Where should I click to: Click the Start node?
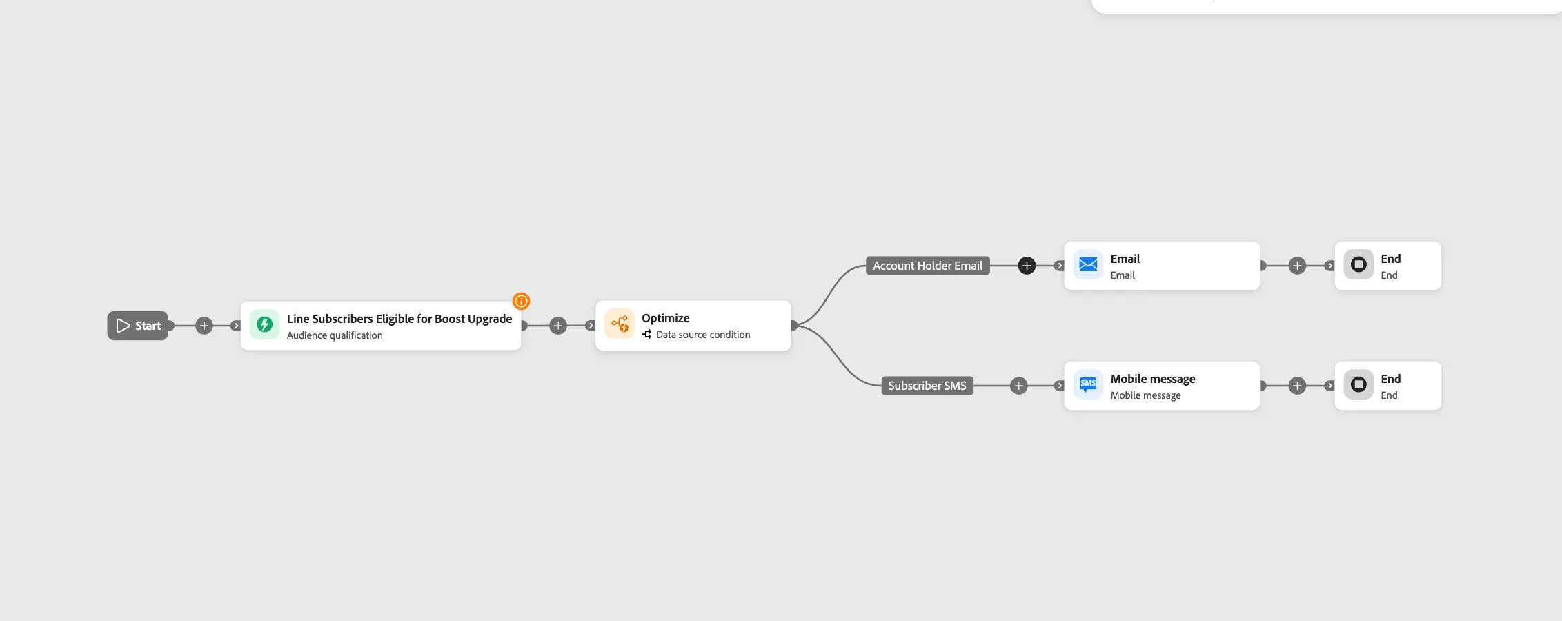click(138, 326)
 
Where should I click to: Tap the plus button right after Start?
click(204, 326)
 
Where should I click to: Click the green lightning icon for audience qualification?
click(264, 325)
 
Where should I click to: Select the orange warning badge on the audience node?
click(521, 301)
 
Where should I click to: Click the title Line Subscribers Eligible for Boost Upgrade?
click(399, 319)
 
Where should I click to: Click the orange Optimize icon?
click(620, 324)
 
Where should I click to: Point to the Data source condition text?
click(703, 335)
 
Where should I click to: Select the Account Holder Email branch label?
click(928, 266)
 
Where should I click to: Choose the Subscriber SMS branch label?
click(927, 386)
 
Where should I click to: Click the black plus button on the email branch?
click(1027, 266)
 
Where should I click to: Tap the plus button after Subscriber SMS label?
click(1019, 386)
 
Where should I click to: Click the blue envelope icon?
click(1088, 265)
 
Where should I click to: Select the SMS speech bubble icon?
click(1088, 385)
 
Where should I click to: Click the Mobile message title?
click(1153, 379)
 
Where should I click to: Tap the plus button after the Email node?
click(1297, 266)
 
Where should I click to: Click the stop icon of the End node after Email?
click(1358, 265)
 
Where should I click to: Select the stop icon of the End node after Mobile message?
click(1358, 385)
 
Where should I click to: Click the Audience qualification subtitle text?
click(335, 335)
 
